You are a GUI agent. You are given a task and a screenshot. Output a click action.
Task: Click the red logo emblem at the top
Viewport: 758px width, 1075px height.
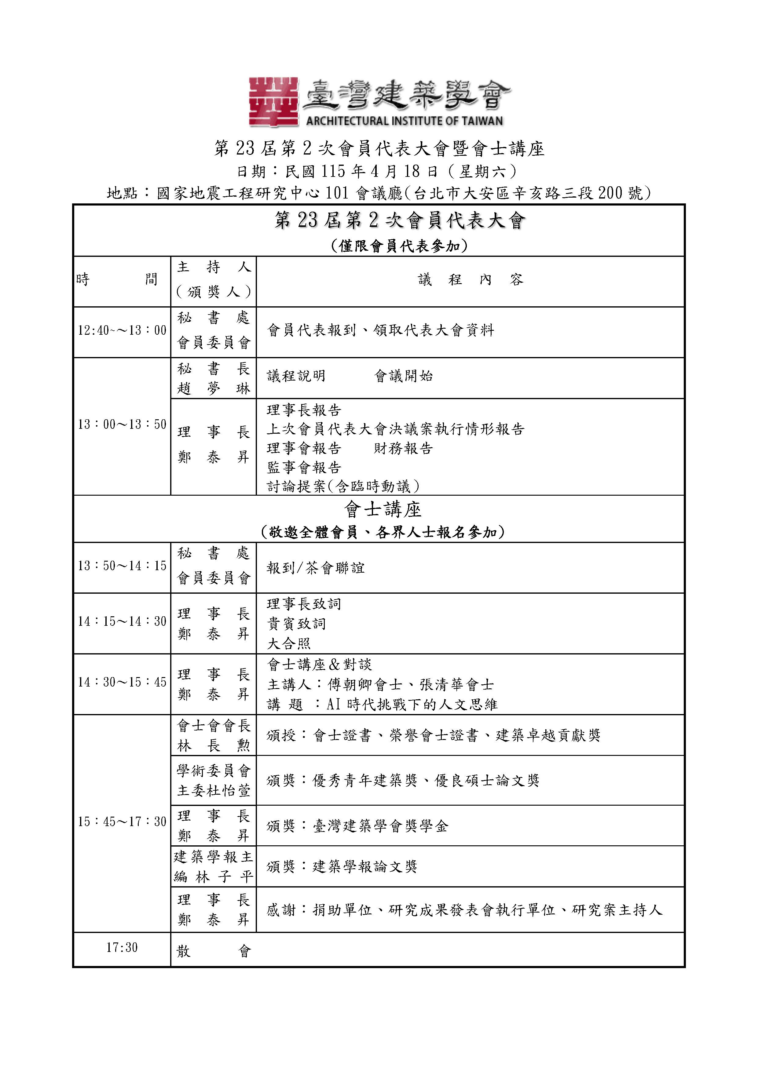273,102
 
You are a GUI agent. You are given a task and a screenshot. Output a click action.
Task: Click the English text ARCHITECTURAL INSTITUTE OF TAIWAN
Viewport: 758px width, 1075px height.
404,121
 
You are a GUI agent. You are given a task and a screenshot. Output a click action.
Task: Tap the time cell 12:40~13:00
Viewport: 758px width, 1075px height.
122,330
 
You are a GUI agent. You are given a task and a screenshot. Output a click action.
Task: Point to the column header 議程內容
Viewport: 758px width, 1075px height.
471,280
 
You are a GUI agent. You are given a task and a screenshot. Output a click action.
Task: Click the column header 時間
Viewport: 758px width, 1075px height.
117,280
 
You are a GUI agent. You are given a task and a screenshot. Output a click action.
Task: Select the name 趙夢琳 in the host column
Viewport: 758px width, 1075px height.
214,388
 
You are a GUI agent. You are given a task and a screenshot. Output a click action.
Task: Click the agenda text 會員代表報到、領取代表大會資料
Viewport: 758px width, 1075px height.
380,330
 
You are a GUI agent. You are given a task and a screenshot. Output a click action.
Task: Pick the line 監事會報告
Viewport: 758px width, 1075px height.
304,467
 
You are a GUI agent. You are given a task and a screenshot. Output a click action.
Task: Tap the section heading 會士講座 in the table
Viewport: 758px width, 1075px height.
383,509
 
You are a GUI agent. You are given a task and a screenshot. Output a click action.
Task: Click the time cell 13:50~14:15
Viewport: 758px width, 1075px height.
122,566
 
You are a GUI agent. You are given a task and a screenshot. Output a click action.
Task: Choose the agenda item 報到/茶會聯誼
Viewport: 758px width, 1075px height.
315,568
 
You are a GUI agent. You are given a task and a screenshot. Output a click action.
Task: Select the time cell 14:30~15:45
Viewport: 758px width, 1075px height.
122,682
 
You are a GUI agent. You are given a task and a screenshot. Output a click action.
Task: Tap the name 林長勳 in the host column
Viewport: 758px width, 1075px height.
214,746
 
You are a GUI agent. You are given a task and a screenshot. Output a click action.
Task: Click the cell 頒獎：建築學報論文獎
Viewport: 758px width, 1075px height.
342,867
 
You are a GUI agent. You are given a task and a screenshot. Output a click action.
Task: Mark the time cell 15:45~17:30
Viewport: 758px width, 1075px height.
122,822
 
